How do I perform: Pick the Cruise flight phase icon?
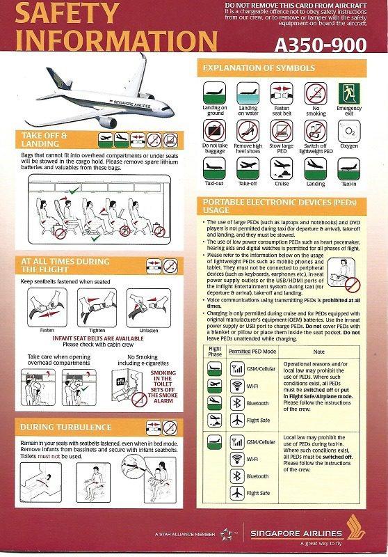[x=281, y=168]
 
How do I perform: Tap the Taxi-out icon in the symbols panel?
[x=214, y=168]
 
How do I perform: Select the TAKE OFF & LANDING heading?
[x=45, y=139]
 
